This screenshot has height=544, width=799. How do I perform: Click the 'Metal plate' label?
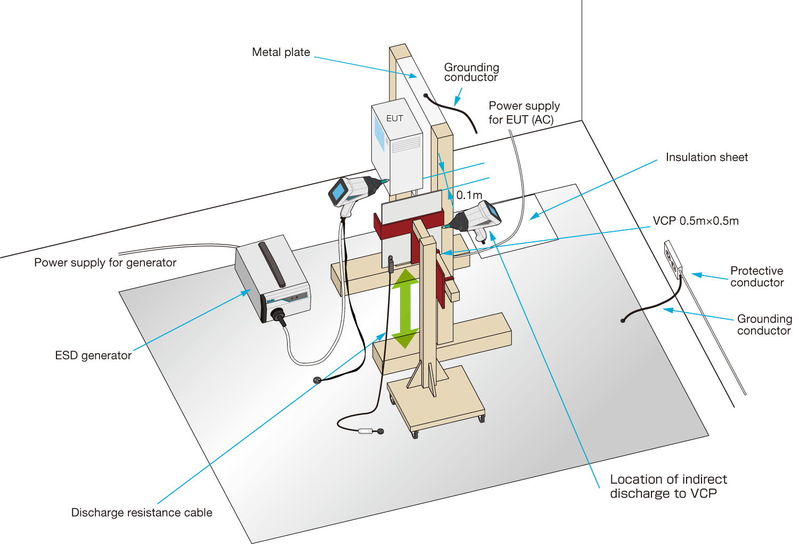pos(281,52)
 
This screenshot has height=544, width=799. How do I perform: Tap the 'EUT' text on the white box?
pos(395,118)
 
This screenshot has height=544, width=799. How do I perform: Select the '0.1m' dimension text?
pos(469,195)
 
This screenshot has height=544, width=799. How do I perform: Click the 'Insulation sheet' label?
pos(706,157)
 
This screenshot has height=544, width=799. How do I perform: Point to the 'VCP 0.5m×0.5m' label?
pos(696,221)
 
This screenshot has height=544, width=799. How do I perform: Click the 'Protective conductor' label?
pos(756,277)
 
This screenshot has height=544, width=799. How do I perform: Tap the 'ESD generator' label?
pos(93,355)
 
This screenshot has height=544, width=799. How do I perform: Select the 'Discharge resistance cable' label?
pos(142,513)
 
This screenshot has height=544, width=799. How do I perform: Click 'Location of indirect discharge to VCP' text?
pos(668,486)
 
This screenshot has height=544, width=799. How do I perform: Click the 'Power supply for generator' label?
pos(105,263)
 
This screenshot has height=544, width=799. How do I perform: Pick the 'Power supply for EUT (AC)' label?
pos(524,112)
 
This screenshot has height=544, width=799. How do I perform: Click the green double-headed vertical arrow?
pos(405,308)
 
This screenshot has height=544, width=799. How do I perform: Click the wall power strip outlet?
pos(673,259)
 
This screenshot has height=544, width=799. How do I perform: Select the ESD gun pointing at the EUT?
pos(352,193)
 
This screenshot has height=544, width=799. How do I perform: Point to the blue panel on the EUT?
pos(379,133)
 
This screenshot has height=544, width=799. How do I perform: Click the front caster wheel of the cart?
pos(415,434)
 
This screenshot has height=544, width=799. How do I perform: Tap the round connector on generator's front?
pos(278,315)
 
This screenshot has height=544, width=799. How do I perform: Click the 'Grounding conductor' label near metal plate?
pos(471,72)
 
